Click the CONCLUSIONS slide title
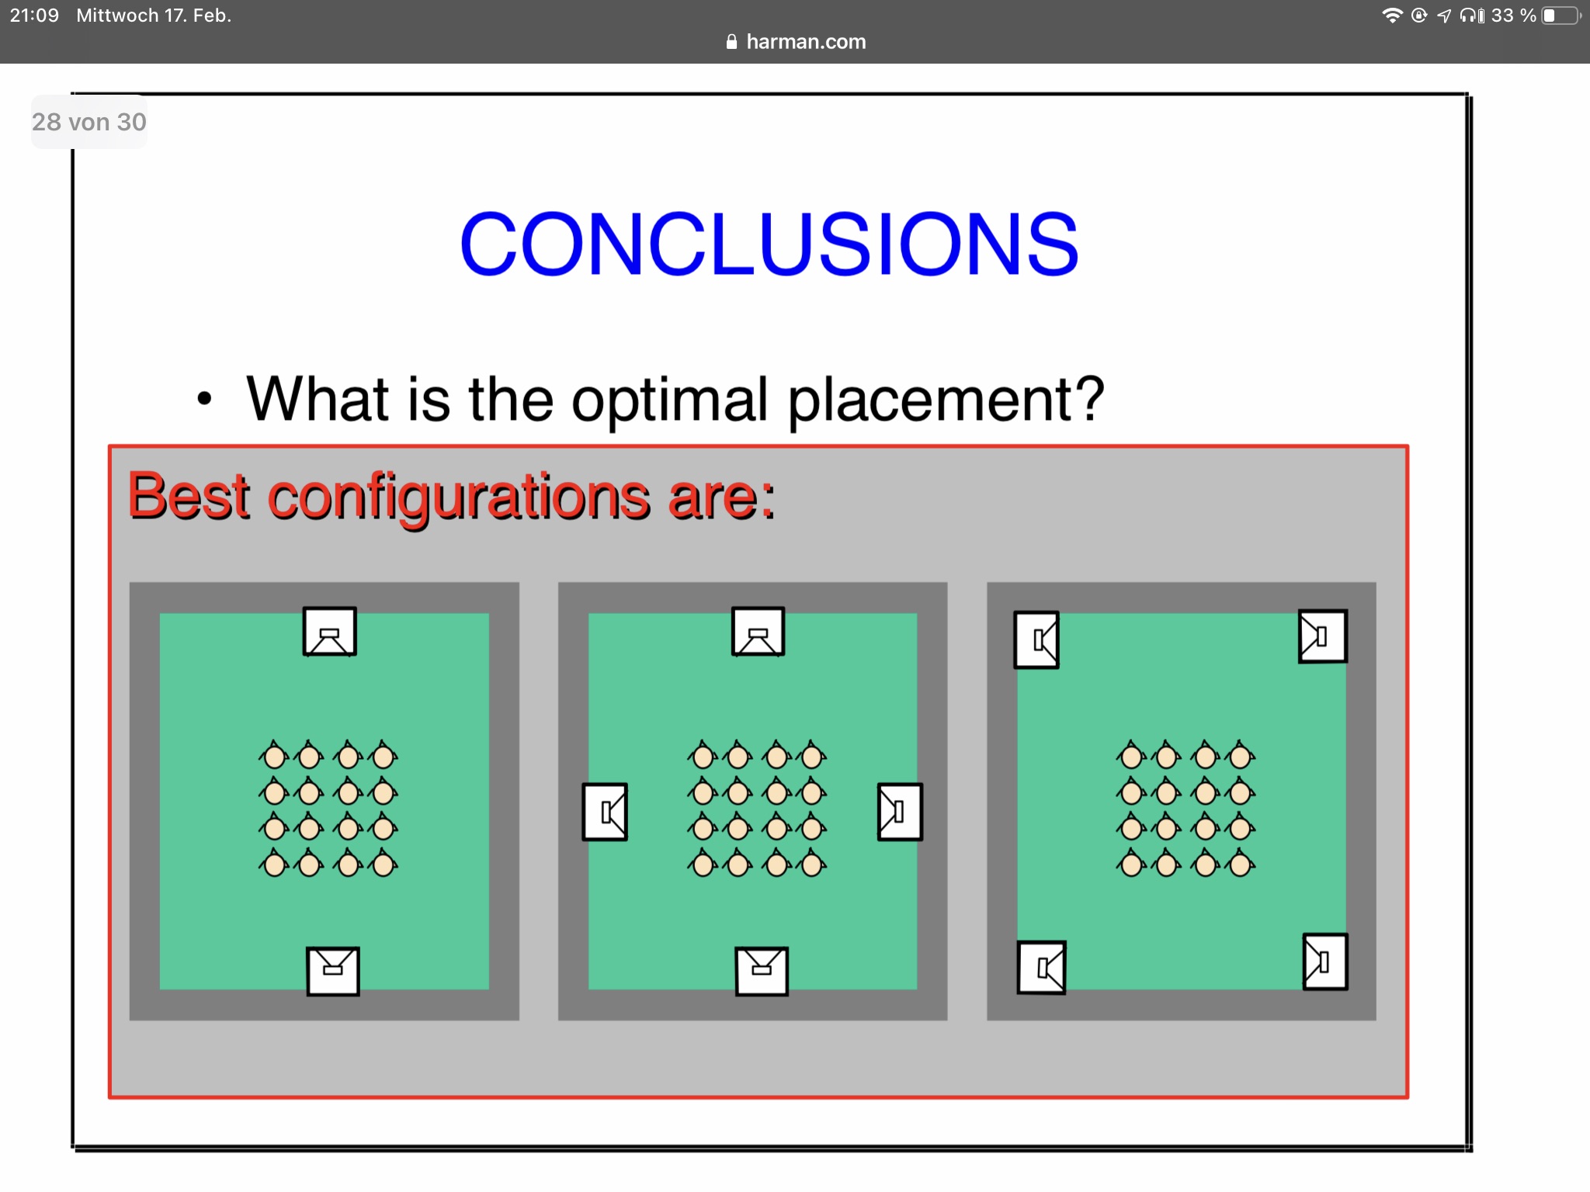[769, 244]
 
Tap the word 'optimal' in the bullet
[669, 400]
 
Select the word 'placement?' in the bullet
[946, 400]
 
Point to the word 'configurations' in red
[459, 499]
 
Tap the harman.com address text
[806, 42]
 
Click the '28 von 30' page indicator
[89, 122]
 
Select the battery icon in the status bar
[1561, 16]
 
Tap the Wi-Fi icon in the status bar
[1393, 16]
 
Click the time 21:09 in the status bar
[34, 16]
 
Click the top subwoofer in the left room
[330, 632]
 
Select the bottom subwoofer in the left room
[333, 971]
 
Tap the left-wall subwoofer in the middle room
[605, 812]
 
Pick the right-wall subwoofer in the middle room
[900, 812]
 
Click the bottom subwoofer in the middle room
[762, 971]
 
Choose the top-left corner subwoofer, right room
[1036, 640]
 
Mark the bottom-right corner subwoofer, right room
[1325, 962]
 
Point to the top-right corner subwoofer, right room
[1323, 636]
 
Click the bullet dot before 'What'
[204, 399]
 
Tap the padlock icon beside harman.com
[731, 42]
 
